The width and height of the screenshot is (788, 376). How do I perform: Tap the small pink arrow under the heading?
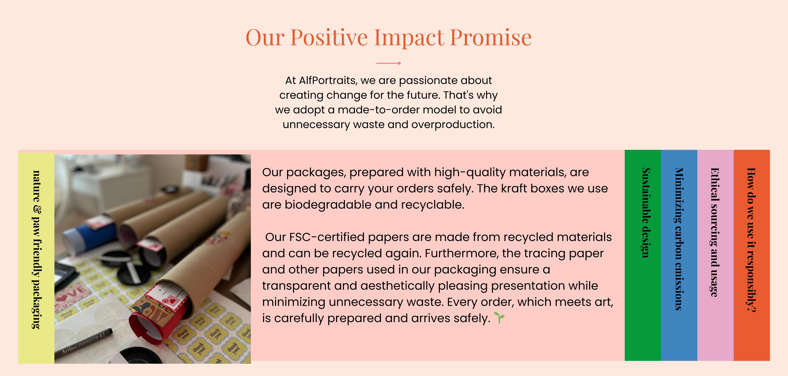388,63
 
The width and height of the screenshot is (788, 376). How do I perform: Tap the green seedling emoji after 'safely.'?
499,318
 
